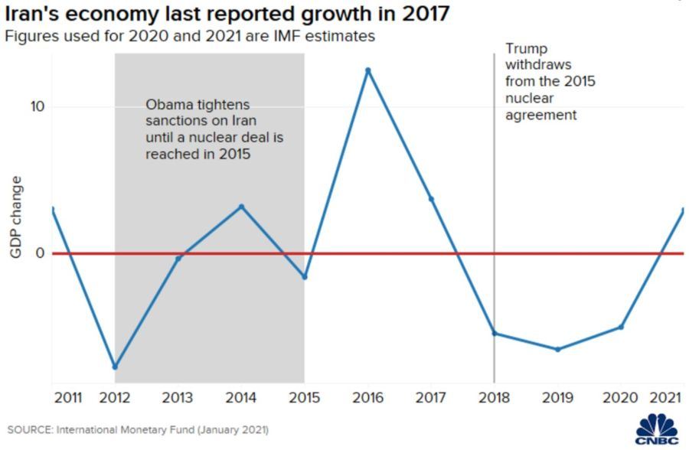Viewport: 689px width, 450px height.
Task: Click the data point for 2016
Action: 367,70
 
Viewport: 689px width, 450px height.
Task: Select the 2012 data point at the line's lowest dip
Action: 115,367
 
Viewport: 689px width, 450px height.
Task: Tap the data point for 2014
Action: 241,207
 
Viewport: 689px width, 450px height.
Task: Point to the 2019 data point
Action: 557,349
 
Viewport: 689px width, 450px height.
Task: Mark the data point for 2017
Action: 431,199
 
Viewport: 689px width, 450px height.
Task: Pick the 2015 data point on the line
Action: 305,277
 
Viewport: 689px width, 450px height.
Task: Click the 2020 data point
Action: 621,327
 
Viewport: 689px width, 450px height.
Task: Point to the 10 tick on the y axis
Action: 38,106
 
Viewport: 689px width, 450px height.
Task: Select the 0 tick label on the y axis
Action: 41,253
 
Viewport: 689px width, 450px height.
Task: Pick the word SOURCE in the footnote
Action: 29,430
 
